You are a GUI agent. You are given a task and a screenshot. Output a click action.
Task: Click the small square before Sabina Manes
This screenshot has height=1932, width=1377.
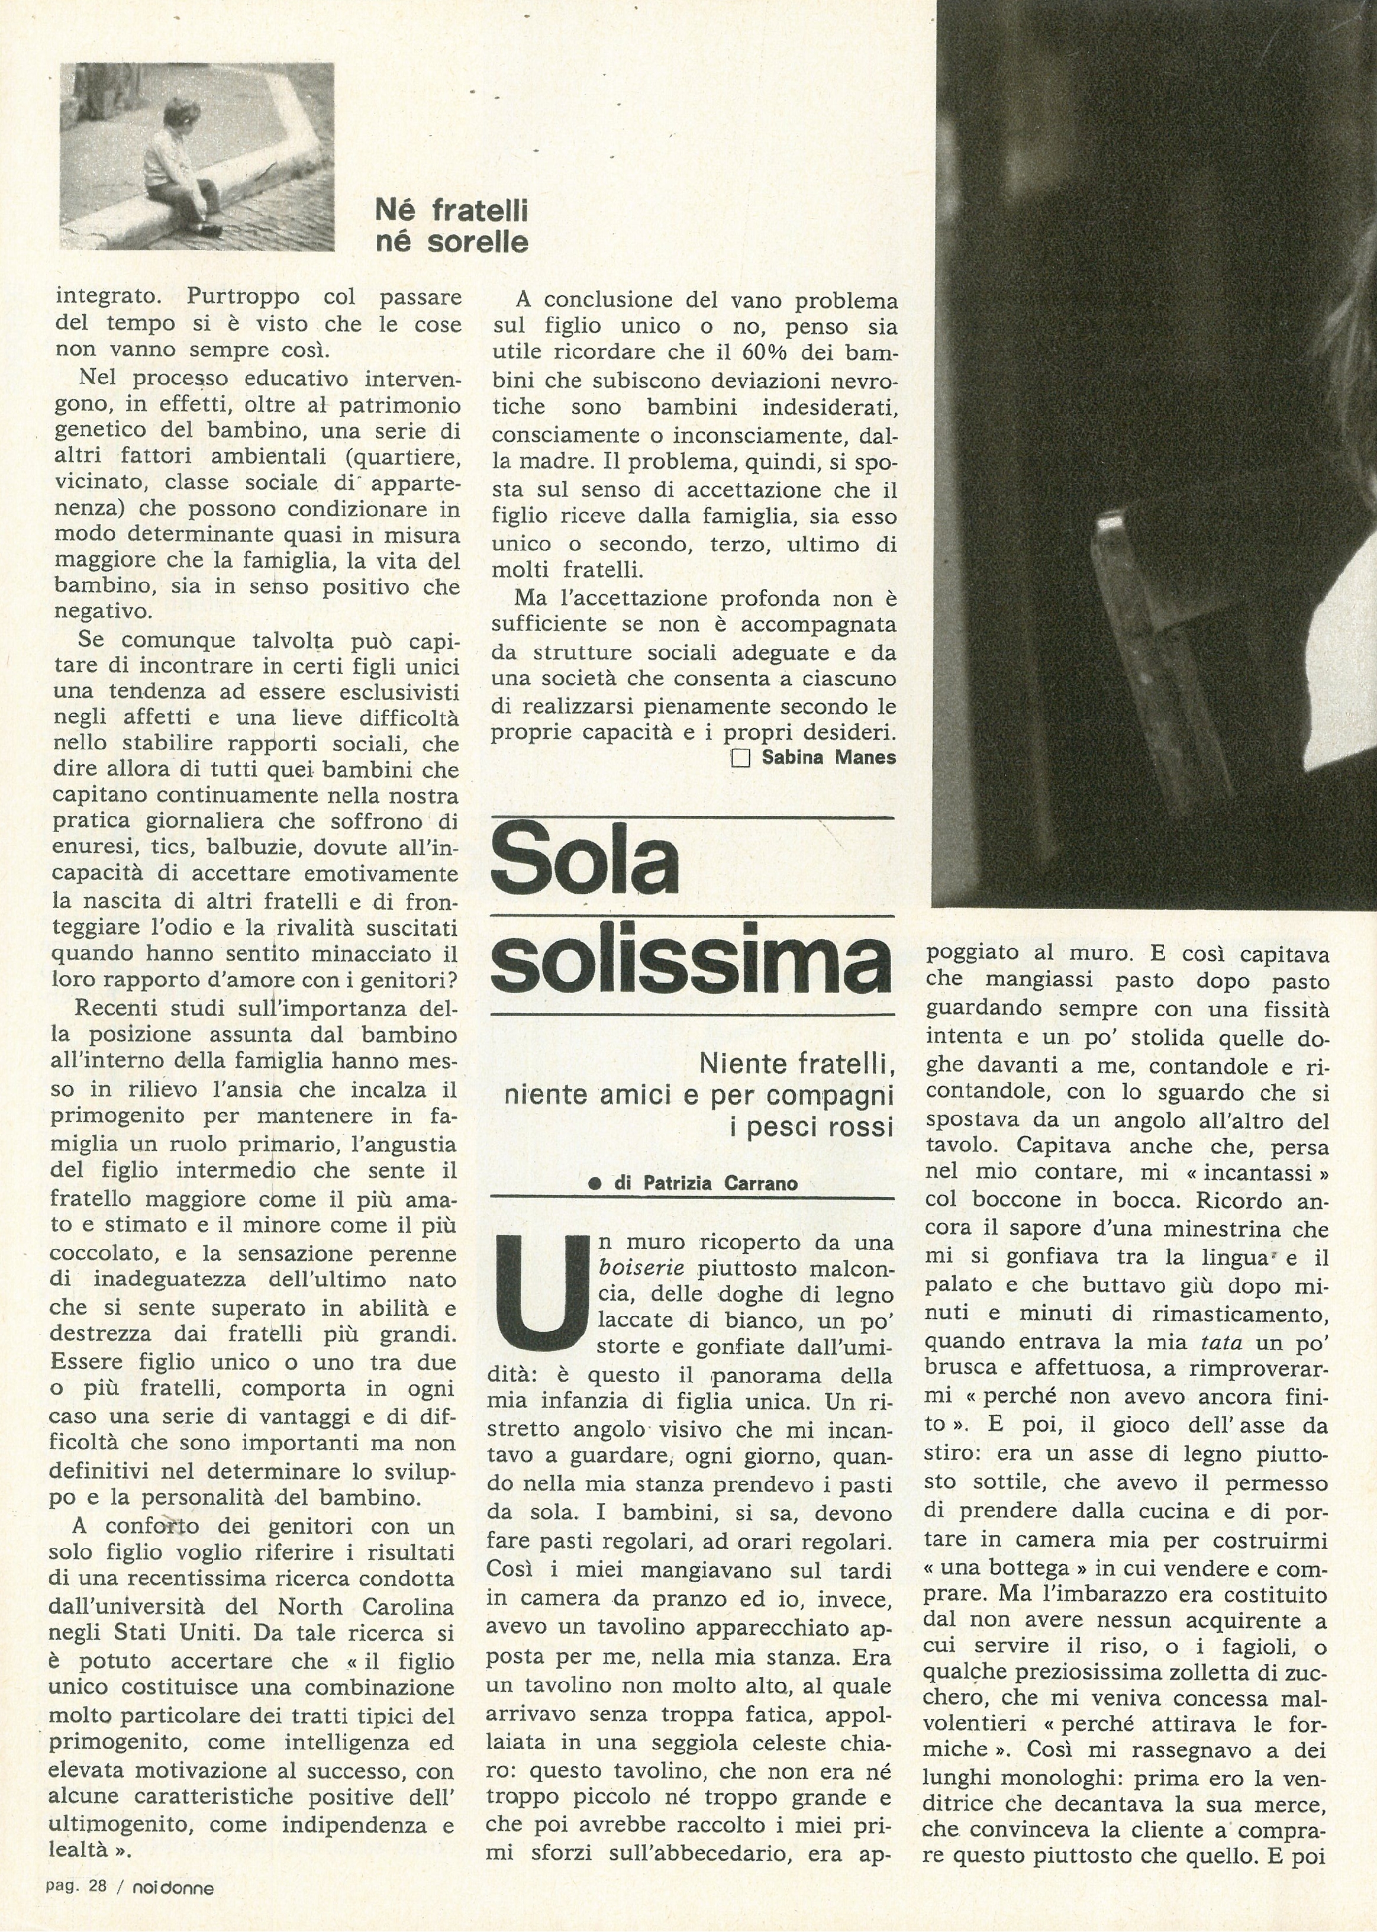tap(740, 758)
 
